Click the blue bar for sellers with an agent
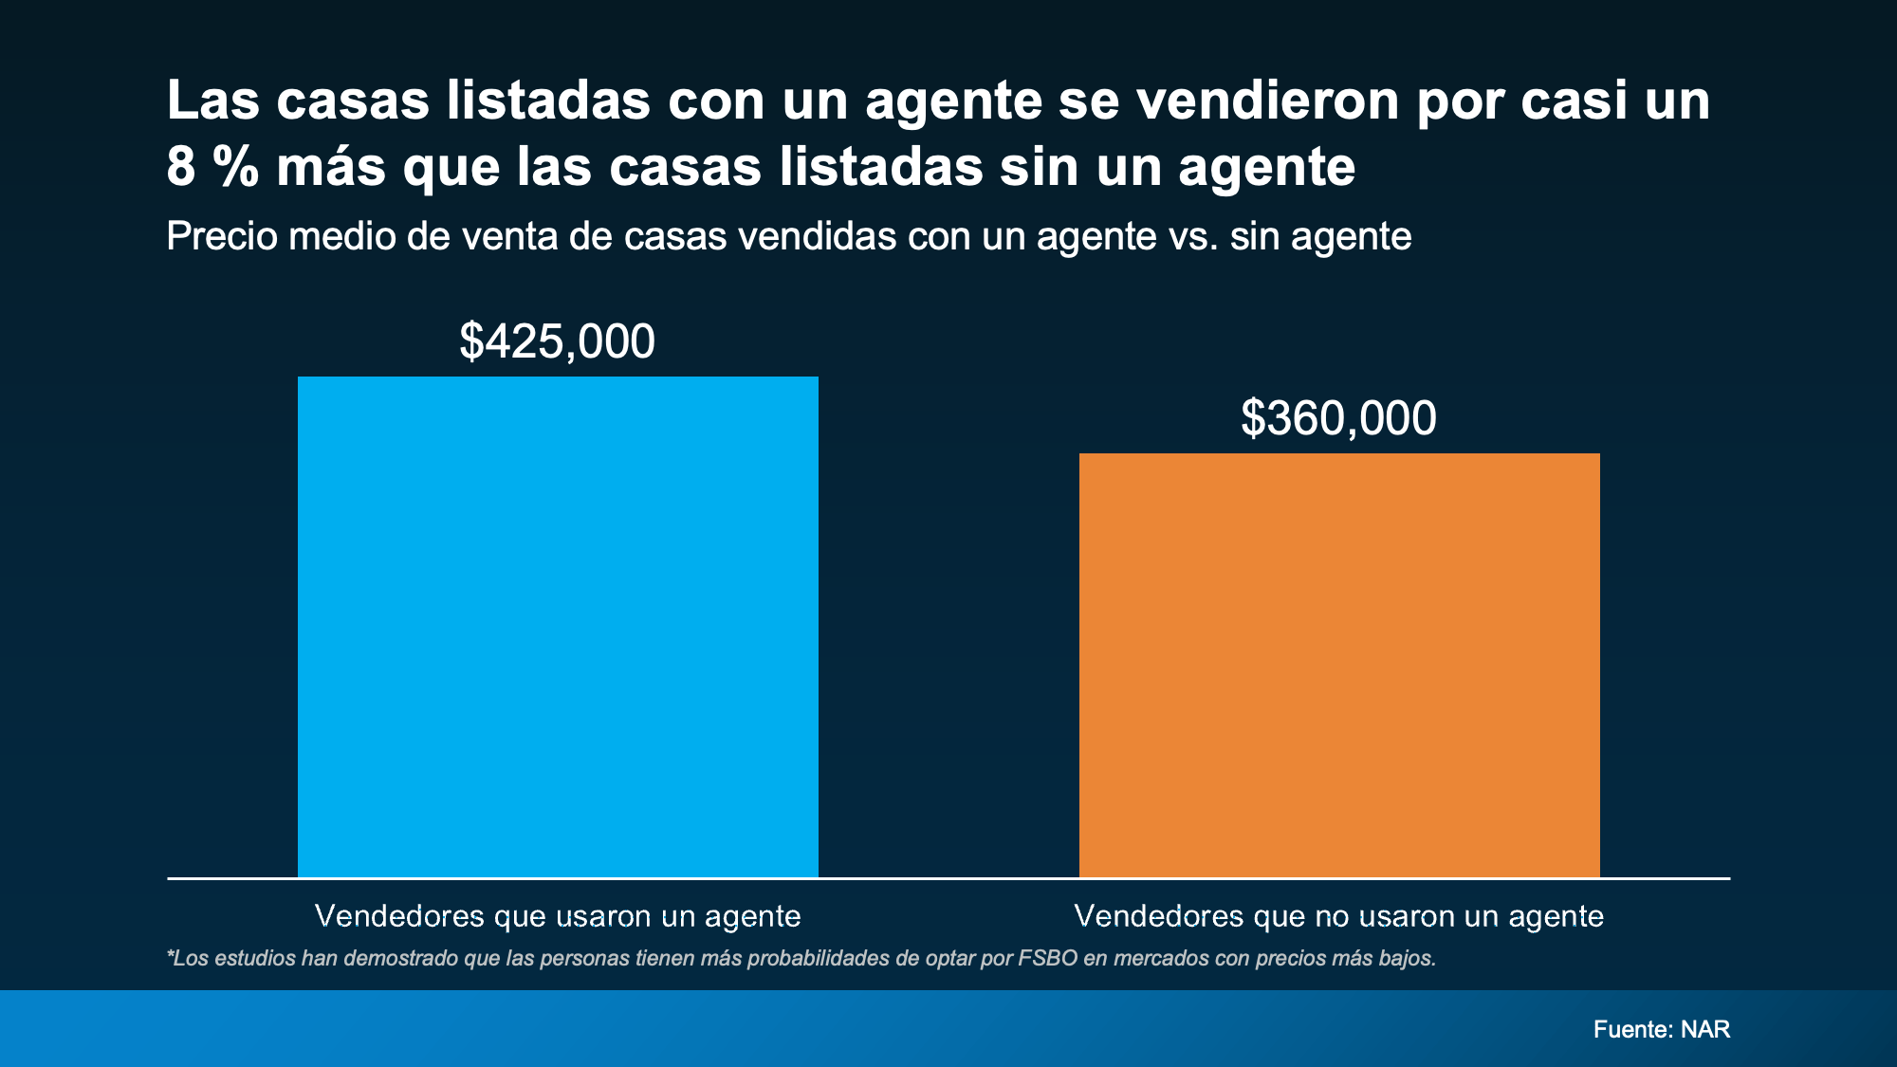tap(558, 626)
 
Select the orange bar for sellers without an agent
tap(1339, 664)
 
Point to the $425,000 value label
tap(558, 341)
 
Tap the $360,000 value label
tap(1338, 418)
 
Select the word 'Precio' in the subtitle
tap(222, 236)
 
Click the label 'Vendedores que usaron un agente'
tap(558, 916)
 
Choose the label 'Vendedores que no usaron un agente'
tap(1338, 916)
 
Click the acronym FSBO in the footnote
tap(1048, 958)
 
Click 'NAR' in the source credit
tap(1705, 1029)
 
